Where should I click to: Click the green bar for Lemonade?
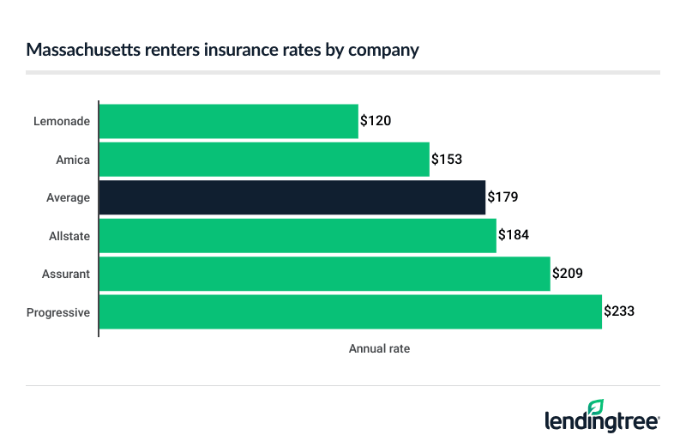click(x=228, y=121)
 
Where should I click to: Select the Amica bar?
click(x=264, y=159)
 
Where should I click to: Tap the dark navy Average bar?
click(x=292, y=197)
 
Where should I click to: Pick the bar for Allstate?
click(x=298, y=235)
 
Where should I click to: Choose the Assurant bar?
click(x=324, y=274)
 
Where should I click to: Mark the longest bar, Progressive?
click(x=350, y=311)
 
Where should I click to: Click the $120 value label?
click(x=376, y=121)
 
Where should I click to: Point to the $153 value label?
click(x=447, y=159)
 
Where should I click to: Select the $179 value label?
click(x=502, y=197)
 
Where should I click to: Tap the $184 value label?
click(x=514, y=235)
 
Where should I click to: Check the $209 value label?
click(x=568, y=274)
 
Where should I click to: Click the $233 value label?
click(x=619, y=311)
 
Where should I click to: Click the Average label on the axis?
click(x=69, y=197)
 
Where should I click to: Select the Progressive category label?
click(x=58, y=312)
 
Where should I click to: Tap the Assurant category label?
click(x=66, y=274)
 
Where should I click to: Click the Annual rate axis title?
click(x=380, y=349)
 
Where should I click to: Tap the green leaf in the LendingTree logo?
click(x=595, y=406)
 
